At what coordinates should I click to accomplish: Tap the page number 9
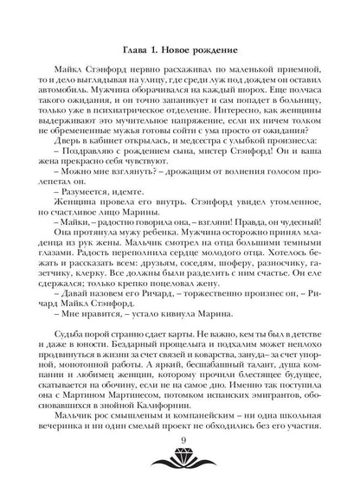pyautogui.click(x=181, y=444)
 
